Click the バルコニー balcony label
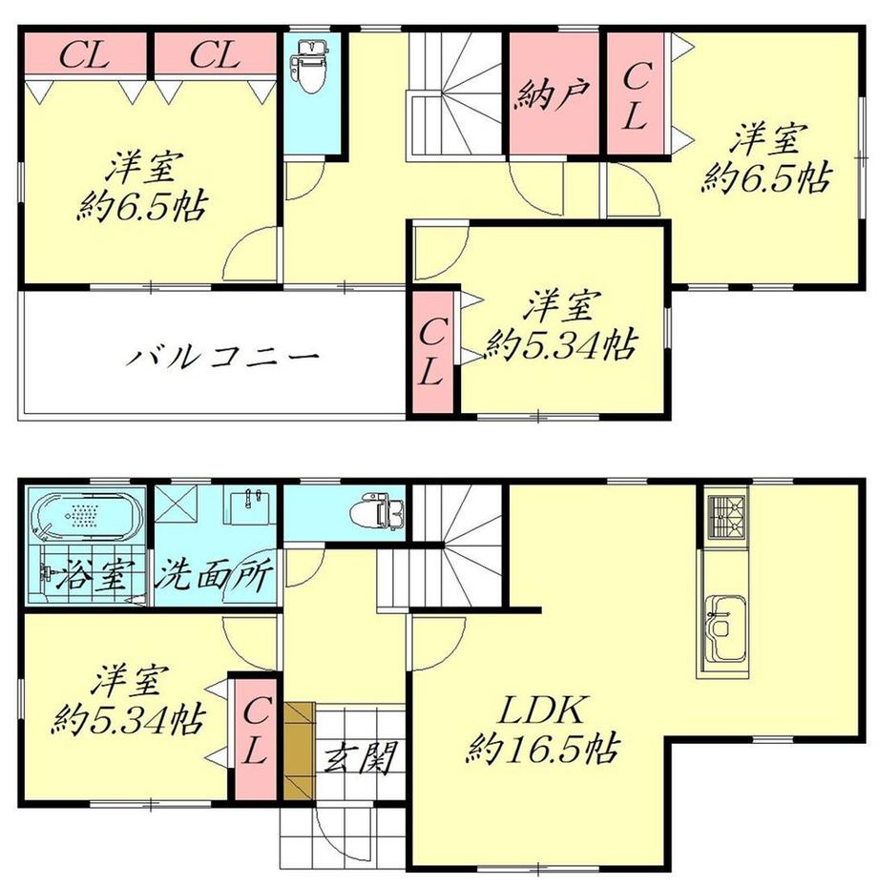(x=222, y=356)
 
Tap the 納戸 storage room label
(x=554, y=93)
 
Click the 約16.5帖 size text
(x=543, y=750)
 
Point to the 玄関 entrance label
(x=360, y=756)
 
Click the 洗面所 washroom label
(x=215, y=573)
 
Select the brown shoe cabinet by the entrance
(x=299, y=751)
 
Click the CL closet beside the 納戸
(x=636, y=93)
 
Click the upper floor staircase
(x=455, y=96)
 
